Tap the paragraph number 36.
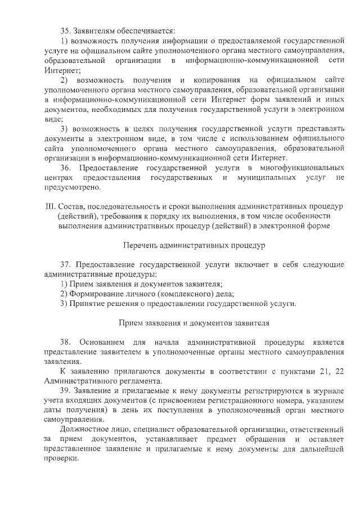coord(66,168)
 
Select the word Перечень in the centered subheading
coord(138,245)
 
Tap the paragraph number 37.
coord(66,264)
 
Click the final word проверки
coord(59,458)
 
